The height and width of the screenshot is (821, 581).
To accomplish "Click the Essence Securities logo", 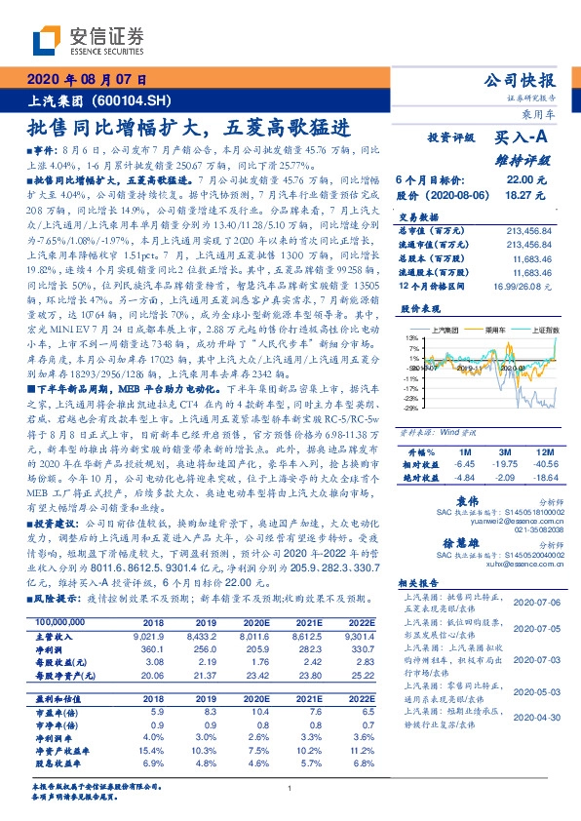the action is [88, 40].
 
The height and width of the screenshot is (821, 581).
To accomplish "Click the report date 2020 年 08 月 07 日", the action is [89, 80].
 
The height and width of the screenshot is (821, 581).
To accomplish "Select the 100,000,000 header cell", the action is [60, 621].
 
